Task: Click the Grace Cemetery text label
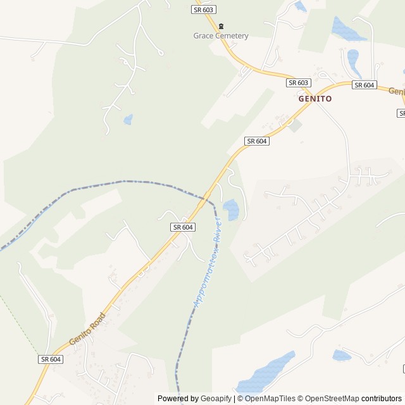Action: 221,36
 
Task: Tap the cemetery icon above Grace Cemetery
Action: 221,26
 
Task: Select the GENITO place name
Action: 315,99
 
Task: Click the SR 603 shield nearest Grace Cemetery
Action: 203,9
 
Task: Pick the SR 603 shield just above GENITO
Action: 299,83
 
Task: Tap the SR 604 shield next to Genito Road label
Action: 51,359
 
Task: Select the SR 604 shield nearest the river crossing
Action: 182,227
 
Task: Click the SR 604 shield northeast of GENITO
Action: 364,85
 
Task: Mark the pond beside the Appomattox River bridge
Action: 231,209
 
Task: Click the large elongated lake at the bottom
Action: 266,373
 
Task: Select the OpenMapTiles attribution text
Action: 270,399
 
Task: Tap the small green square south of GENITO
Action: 294,125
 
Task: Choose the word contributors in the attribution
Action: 382,399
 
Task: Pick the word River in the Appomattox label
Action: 217,232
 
